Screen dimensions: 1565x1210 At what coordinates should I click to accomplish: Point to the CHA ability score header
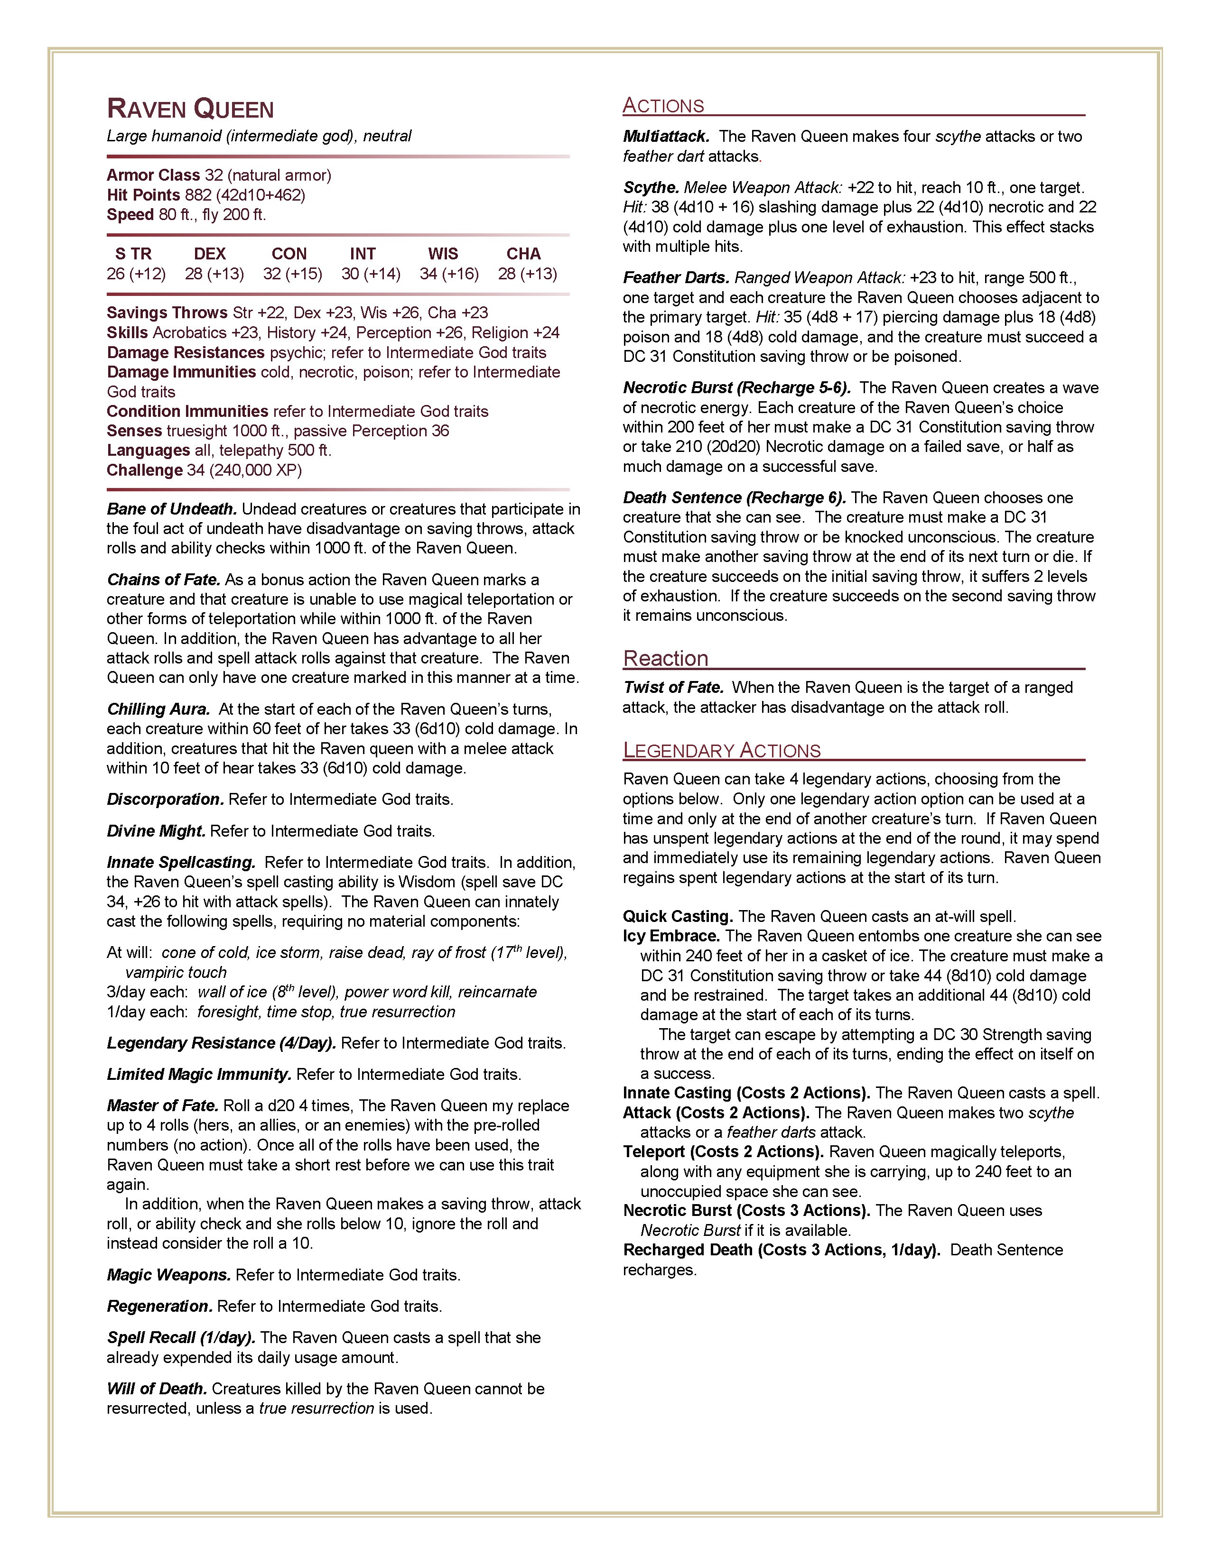click(523, 254)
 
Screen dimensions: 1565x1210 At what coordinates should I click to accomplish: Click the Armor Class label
click(153, 175)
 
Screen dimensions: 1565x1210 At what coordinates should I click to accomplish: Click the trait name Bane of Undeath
click(171, 509)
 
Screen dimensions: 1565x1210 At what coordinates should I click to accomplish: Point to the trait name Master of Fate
click(162, 1105)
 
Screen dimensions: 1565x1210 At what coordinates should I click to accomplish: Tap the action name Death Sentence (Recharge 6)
click(734, 497)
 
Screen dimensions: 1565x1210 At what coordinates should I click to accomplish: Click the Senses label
click(134, 431)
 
